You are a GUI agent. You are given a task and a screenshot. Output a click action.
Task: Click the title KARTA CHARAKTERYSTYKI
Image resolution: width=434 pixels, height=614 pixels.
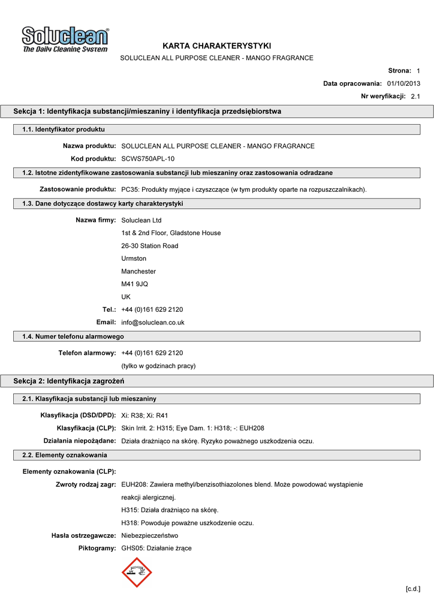pyautogui.click(x=216, y=46)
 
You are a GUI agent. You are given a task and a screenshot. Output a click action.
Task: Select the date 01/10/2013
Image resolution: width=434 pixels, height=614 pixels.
pyautogui.click(x=403, y=83)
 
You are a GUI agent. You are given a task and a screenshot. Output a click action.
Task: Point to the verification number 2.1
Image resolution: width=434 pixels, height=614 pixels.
pyautogui.click(x=415, y=96)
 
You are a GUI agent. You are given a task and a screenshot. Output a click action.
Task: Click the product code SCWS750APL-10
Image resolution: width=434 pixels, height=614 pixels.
pyautogui.click(x=148, y=159)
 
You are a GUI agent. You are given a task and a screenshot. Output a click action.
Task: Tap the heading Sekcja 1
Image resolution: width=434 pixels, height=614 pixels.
pyautogui.click(x=147, y=112)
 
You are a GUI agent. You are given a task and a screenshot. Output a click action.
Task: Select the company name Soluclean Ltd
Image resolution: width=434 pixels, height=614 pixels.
pyautogui.click(x=141, y=221)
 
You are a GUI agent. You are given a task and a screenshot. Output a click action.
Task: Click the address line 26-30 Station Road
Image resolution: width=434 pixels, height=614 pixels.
pyautogui.click(x=149, y=246)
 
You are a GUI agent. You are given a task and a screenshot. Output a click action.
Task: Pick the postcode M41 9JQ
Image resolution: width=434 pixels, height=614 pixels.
pyautogui.click(x=134, y=284)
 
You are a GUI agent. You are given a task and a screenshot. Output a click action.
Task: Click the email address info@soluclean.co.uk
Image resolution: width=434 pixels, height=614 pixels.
pyautogui.click(x=152, y=323)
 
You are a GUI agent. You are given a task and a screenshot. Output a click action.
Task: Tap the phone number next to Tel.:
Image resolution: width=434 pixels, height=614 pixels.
pyautogui.click(x=152, y=310)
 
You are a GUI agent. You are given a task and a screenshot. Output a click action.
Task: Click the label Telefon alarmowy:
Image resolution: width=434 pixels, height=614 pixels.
pyautogui.click(x=87, y=353)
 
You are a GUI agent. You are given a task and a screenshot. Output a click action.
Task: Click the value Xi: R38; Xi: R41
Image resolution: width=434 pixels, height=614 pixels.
pyautogui.click(x=144, y=416)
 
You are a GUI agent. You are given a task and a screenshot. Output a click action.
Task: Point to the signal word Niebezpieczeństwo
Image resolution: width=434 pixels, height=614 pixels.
pyautogui.click(x=149, y=536)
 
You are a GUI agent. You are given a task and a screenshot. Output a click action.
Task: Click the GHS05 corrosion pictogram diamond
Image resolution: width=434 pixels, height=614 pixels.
pyautogui.click(x=137, y=573)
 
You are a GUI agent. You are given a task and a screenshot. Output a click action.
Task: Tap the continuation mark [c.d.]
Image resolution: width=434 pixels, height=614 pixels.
pyautogui.click(x=412, y=589)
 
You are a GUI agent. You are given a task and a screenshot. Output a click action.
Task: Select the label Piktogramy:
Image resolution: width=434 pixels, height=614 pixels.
pyautogui.click(x=97, y=549)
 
